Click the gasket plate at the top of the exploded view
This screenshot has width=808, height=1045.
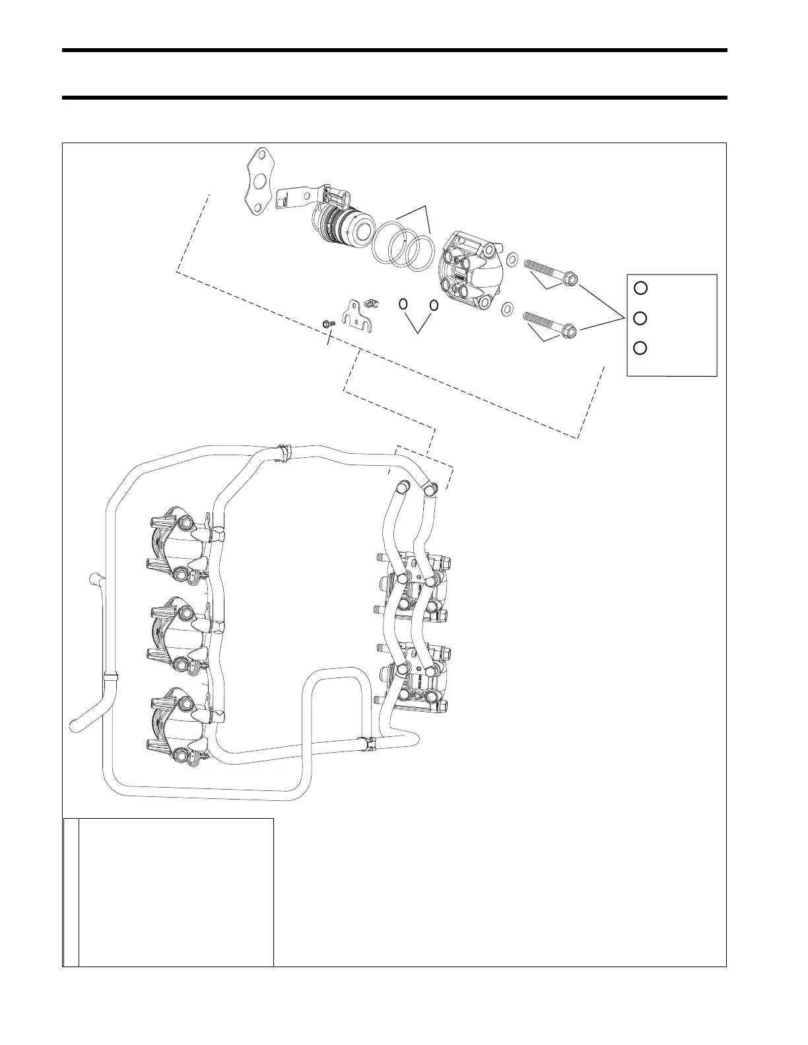pyautogui.click(x=259, y=181)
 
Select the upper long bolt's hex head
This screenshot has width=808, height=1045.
pyautogui.click(x=571, y=280)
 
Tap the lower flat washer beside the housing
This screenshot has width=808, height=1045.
pyautogui.click(x=508, y=307)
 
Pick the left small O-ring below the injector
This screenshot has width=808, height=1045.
pyautogui.click(x=403, y=305)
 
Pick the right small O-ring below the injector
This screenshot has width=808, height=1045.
pyautogui.click(x=434, y=305)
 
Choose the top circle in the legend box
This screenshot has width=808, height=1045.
pyautogui.click(x=640, y=288)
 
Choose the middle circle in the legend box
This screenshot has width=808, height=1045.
pyautogui.click(x=640, y=319)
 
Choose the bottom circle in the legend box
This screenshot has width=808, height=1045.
pyautogui.click(x=640, y=348)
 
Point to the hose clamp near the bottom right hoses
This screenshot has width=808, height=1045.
pyautogui.click(x=368, y=744)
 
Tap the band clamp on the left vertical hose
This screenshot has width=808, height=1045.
pyautogui.click(x=110, y=676)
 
